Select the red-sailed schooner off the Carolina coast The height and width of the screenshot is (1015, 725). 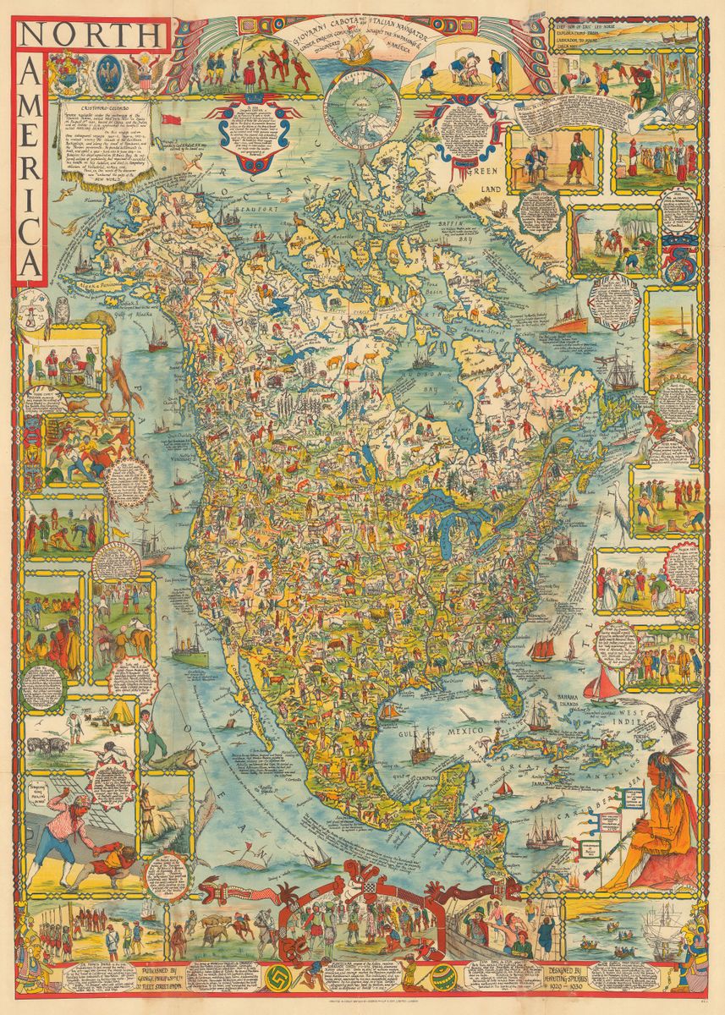point(541,650)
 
